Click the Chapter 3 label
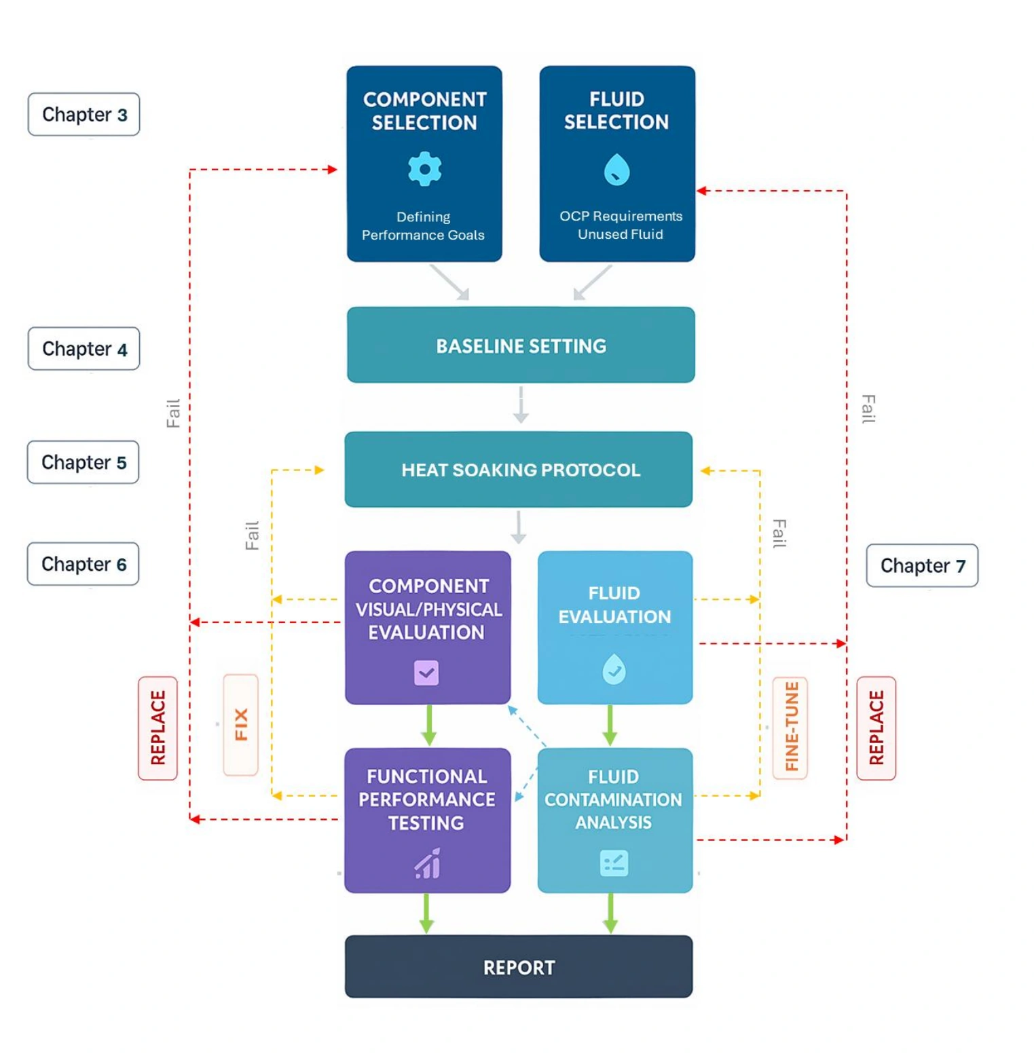[84, 114]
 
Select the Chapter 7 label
[922, 565]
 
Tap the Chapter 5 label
[83, 462]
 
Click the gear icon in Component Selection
[425, 168]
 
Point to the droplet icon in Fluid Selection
[616, 169]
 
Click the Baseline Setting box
[521, 345]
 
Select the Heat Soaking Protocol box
[519, 470]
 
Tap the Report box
[519, 966]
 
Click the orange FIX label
[241, 725]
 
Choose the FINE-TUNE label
[790, 728]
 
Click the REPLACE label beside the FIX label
[158, 728]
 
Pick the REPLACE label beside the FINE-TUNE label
[876, 728]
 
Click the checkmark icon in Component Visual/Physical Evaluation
[426, 673]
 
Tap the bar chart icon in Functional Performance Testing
[428, 863]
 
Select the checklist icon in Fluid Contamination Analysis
[614, 863]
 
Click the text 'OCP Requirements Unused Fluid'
[621, 225]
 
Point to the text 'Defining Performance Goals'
[423, 225]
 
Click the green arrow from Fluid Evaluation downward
[610, 725]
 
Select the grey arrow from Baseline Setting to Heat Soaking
[521, 404]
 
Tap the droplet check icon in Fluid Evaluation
[614, 670]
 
